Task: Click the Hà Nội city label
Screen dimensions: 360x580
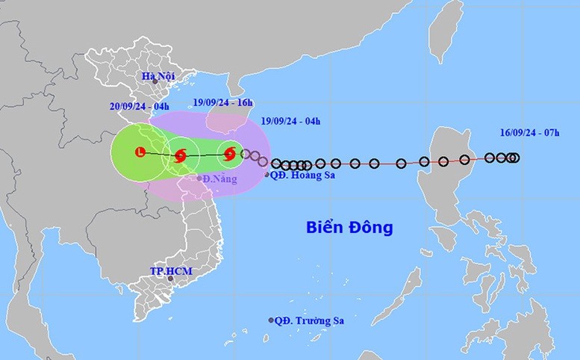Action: pyautogui.click(x=160, y=77)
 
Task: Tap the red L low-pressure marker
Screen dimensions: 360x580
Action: pyautogui.click(x=140, y=153)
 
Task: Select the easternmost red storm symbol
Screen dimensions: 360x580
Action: pyautogui.click(x=230, y=155)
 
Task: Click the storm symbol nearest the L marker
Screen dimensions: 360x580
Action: pyautogui.click(x=180, y=155)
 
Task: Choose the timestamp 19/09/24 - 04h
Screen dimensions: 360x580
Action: pyautogui.click(x=293, y=120)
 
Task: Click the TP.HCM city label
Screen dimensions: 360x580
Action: pyautogui.click(x=168, y=269)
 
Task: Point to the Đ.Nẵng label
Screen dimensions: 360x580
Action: pyautogui.click(x=220, y=179)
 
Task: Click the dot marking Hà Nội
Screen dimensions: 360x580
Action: pyautogui.click(x=155, y=81)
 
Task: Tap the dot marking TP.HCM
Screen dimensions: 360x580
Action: pyautogui.click(x=170, y=279)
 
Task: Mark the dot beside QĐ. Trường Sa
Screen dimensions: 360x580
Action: pyautogui.click(x=270, y=321)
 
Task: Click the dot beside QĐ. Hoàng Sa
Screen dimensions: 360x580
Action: pyautogui.click(x=267, y=175)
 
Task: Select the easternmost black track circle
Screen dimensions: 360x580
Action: pyautogui.click(x=515, y=158)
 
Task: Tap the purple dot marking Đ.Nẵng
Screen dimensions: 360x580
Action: pyautogui.click(x=199, y=178)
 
